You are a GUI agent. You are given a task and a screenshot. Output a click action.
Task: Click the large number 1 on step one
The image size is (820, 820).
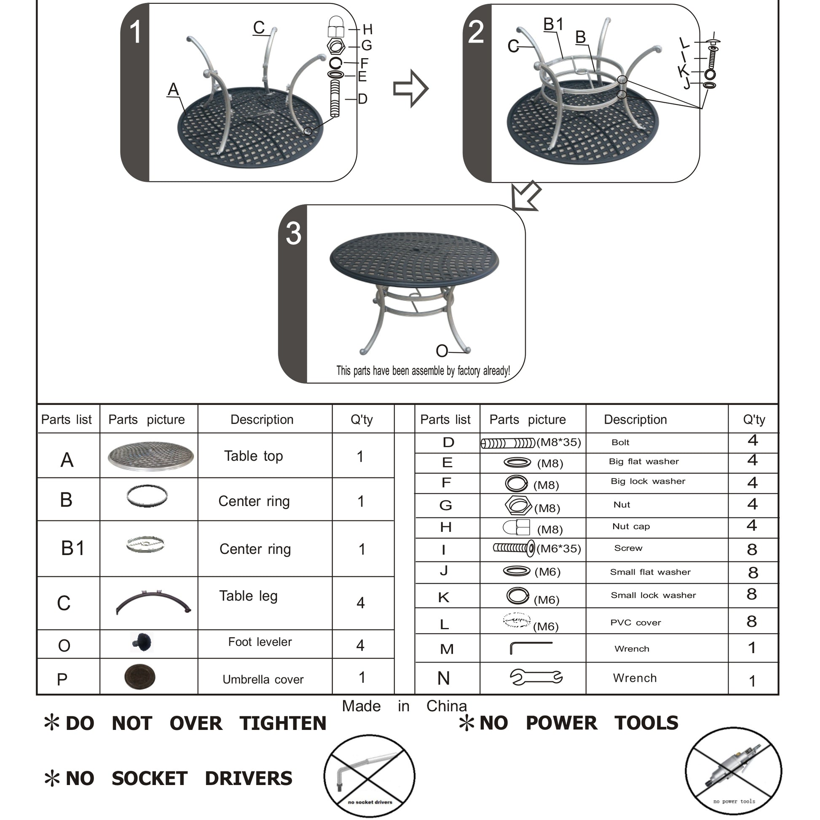[135, 32]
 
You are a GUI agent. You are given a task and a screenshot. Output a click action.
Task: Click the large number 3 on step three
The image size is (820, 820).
[293, 233]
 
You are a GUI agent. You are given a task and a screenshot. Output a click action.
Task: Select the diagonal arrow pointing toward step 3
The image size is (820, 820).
[525, 197]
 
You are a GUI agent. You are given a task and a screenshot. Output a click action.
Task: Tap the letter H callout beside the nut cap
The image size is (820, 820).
[367, 29]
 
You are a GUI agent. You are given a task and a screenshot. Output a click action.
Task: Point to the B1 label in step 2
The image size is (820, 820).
[553, 24]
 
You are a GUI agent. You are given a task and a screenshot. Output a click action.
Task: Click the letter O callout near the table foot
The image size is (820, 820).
[442, 351]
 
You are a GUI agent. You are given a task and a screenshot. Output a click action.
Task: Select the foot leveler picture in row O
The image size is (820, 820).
[142, 643]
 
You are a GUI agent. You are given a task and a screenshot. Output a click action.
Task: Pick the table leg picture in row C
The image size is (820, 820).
[153, 602]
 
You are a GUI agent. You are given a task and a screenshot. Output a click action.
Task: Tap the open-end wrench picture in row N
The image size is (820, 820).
[536, 677]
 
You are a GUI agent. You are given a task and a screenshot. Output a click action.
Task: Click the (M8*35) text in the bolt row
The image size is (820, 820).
[558, 442]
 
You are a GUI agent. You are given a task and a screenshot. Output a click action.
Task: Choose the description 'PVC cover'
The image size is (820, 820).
[635, 622]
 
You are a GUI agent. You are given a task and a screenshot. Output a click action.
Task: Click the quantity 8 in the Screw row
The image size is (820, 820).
[752, 549]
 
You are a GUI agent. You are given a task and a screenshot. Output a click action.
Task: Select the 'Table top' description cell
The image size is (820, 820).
[254, 456]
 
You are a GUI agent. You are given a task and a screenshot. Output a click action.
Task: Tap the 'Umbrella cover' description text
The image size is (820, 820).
[263, 679]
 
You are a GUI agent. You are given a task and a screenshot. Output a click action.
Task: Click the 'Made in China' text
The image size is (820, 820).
[404, 706]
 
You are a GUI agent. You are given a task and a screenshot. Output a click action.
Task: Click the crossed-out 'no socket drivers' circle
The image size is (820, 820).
[370, 775]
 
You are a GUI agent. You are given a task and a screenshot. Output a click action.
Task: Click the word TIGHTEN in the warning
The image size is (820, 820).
[283, 723]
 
